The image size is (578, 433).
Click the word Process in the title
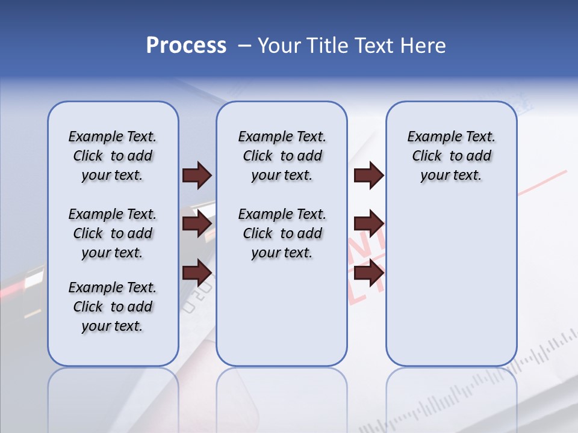186,46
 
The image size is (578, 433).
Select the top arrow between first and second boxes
197,176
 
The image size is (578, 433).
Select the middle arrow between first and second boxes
197,224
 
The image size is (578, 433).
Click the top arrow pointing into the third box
369,176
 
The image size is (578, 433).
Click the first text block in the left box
113,156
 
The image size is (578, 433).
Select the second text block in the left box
113,233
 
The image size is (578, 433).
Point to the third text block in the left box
113,307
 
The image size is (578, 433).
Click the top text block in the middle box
282,156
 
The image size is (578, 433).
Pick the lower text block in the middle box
282,233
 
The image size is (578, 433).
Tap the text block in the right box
451,156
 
